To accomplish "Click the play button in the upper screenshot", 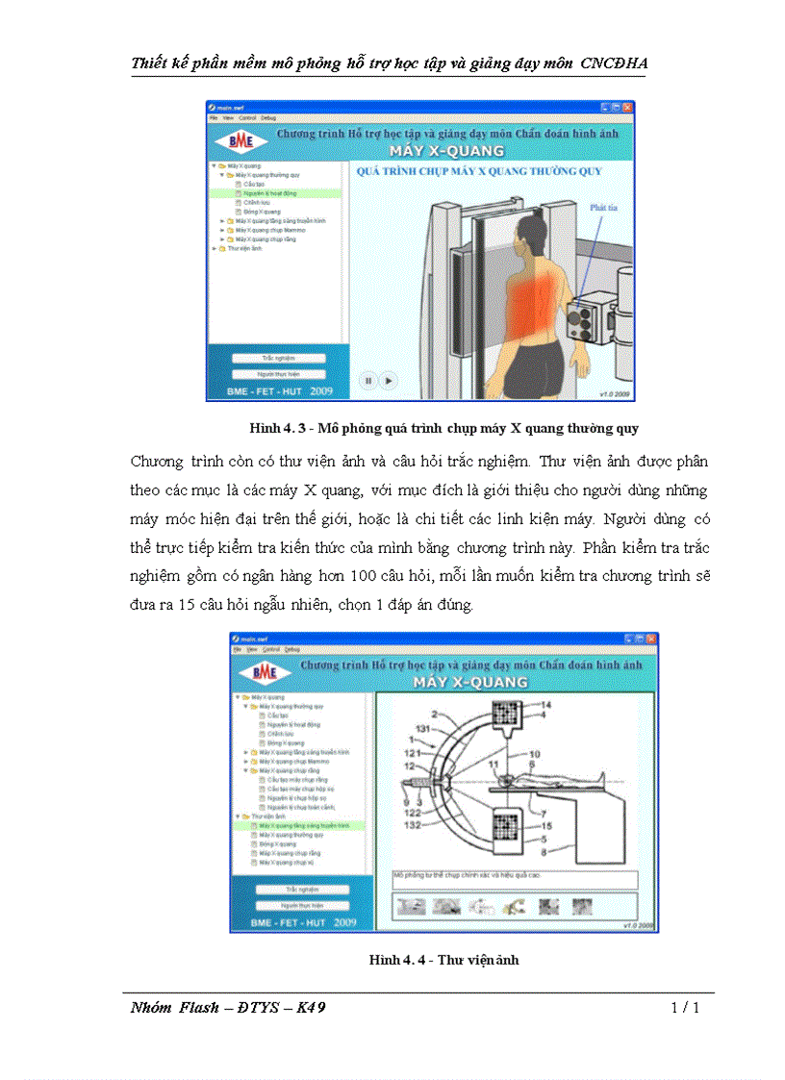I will [x=389, y=381].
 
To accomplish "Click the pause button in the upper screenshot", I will [x=367, y=381].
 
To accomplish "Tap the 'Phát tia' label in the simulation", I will [x=603, y=207].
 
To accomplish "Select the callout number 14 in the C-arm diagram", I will [x=544, y=705].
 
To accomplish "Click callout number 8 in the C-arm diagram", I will [x=545, y=851].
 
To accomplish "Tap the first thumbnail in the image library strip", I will [x=412, y=906].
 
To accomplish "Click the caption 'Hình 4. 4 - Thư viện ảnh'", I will [x=443, y=959].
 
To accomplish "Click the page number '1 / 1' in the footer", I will [x=684, y=1008].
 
